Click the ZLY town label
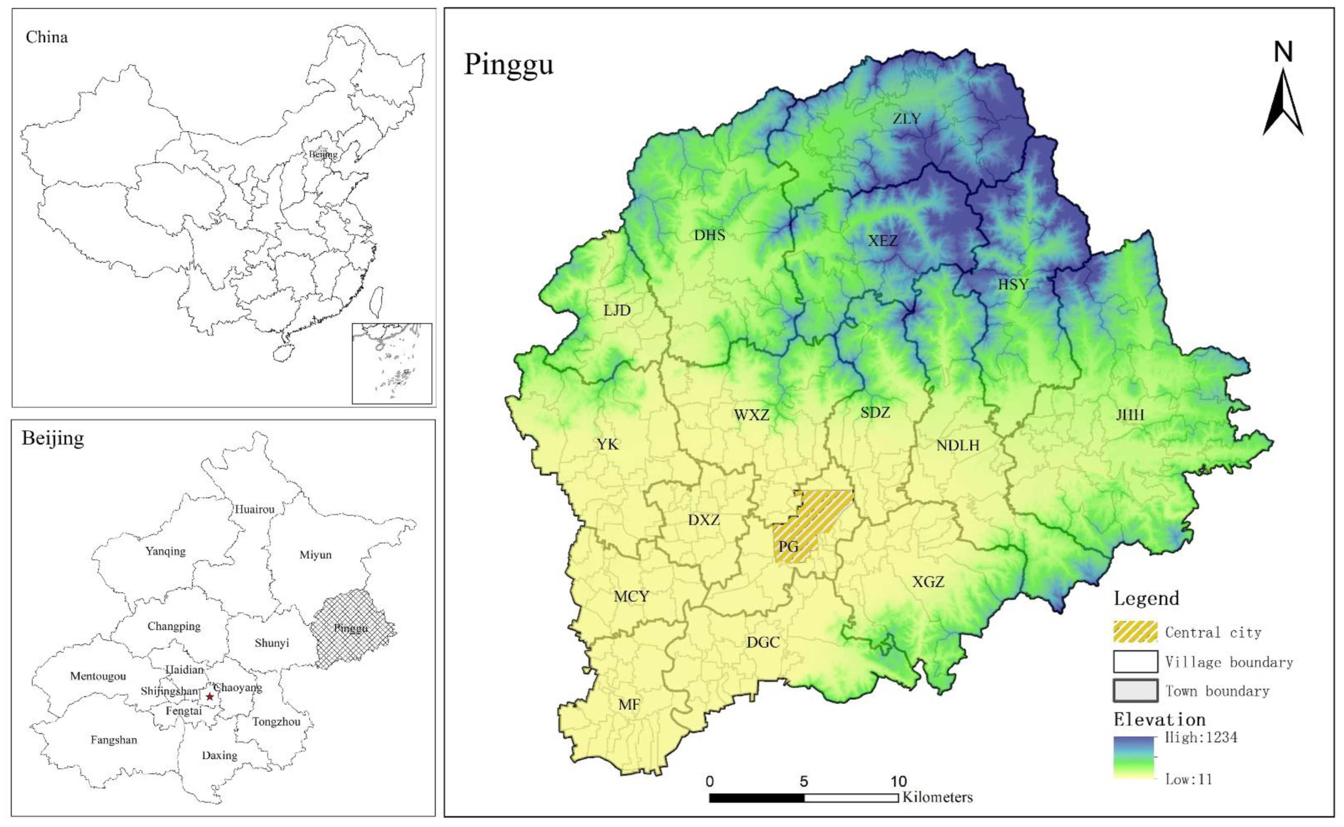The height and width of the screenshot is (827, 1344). pos(907,119)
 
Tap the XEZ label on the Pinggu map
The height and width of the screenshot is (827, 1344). pos(883,241)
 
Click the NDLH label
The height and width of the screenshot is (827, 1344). pos(958,446)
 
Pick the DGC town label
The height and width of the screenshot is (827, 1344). pos(763,643)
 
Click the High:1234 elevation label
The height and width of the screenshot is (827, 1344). pos(1201,738)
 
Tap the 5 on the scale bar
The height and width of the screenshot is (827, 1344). pos(803,781)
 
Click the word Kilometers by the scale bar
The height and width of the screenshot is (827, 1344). pos(938,797)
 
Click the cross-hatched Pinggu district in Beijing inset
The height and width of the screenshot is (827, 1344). pos(353,629)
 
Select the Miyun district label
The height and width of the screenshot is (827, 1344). pos(315,555)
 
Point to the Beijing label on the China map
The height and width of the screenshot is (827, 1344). pos(323,155)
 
